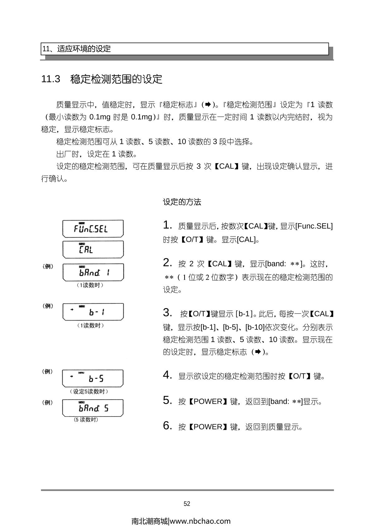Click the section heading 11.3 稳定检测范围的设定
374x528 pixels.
102,79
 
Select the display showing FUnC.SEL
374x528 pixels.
93,229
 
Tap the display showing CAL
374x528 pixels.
93,250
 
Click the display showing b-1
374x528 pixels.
93,312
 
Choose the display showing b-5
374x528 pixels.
93,378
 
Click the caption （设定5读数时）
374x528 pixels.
89,392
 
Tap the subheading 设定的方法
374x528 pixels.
182,202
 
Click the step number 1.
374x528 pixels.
167,225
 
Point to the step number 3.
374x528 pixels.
167,312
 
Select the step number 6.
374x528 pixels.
167,426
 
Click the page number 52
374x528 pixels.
187,504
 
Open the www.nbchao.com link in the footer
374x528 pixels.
200,521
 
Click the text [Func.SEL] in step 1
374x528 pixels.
314,226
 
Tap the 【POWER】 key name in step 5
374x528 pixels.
208,402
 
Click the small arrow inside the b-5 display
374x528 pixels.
72,376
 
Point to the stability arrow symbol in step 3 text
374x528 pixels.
258,352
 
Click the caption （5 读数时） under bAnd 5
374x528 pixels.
86,420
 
